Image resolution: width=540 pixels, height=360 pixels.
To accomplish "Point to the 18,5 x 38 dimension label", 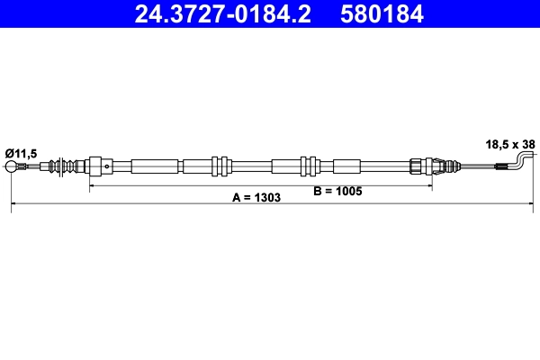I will pos(510,143).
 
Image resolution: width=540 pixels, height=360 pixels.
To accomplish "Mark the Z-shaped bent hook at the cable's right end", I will pos(522,162).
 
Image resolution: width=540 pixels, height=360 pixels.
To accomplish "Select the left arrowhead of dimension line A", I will pos(14,207).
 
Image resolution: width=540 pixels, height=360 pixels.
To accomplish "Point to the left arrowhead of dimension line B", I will pos(91,186).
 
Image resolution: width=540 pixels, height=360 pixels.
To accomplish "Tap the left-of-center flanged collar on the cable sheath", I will pos(217,166).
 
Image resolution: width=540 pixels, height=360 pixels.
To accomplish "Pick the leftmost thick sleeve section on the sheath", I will pos(155,166).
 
